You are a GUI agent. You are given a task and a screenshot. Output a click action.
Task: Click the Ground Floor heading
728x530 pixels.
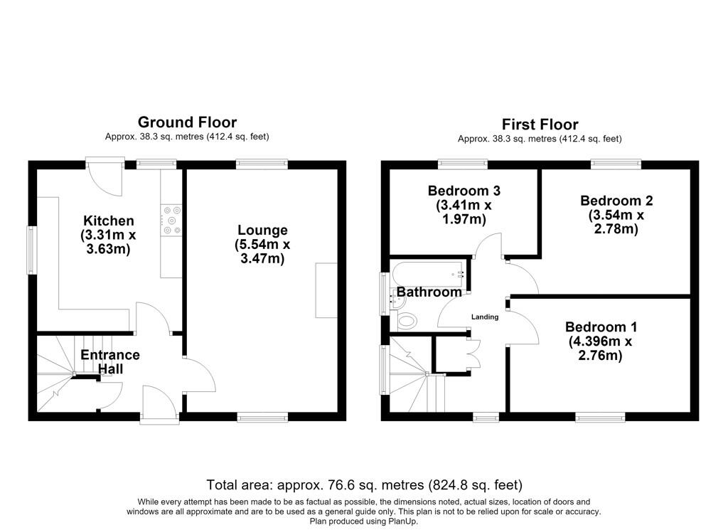[x=187, y=122]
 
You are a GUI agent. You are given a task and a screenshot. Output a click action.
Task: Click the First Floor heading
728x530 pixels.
[x=540, y=124]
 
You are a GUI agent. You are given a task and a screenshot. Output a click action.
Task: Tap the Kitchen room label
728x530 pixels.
[x=109, y=221]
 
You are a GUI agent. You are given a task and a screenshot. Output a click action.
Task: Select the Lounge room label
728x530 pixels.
[x=262, y=230]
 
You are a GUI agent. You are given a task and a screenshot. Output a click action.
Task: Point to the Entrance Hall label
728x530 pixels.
[x=110, y=361]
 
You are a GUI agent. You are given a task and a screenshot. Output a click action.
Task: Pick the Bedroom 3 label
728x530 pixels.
[x=464, y=191]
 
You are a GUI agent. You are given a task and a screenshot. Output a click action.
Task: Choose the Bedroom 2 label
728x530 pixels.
[x=616, y=201]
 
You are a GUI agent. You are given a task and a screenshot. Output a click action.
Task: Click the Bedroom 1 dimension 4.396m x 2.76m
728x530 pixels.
[x=600, y=349]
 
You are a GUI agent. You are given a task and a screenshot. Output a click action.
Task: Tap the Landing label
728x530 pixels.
[x=485, y=317]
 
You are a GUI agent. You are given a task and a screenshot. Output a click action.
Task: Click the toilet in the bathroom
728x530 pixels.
[x=407, y=321]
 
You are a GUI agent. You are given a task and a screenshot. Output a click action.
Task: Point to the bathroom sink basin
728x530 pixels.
[x=399, y=302]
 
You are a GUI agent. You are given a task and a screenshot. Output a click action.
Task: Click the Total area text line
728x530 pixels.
[x=365, y=485]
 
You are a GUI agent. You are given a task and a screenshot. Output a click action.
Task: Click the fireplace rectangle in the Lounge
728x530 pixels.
[x=326, y=290]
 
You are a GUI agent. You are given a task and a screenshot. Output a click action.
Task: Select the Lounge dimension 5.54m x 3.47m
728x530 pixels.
[x=262, y=251]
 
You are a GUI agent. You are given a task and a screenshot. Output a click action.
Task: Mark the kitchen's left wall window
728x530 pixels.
[x=31, y=250]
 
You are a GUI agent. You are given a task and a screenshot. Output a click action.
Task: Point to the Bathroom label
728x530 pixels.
[x=429, y=292]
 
